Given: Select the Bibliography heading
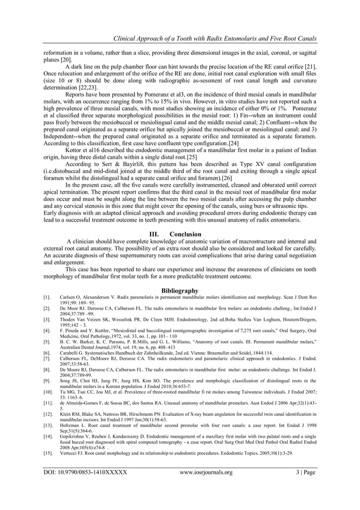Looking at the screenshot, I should pos(180,290).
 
